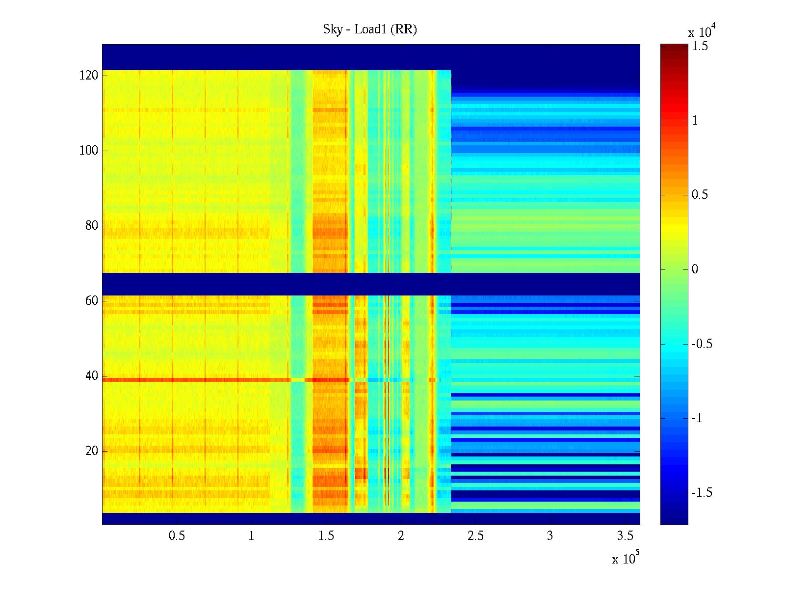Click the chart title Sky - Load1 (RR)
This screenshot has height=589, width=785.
coord(370,29)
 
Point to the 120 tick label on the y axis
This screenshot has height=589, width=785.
coord(89,76)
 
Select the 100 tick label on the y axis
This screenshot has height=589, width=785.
coord(89,151)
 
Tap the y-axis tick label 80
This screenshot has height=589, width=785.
coord(92,226)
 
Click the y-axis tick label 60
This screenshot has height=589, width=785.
coord(92,301)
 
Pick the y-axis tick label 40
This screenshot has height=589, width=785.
coord(92,376)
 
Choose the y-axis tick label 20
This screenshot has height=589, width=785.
coord(92,451)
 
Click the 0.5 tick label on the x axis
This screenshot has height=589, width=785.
coord(177,536)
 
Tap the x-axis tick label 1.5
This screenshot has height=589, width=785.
coord(326,536)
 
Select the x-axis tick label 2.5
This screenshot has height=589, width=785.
coord(475,536)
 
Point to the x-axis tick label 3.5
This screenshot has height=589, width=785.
coord(625,536)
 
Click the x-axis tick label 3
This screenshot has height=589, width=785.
coord(550,536)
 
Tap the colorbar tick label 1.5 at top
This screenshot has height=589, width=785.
coord(700,46)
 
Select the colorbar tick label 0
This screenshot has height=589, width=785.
coord(695,269)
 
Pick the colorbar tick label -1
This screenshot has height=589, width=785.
coord(697,418)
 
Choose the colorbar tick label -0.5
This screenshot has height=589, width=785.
coord(702,344)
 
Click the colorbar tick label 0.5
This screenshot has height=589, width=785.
coord(700,195)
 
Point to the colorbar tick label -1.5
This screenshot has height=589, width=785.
coord(702,493)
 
